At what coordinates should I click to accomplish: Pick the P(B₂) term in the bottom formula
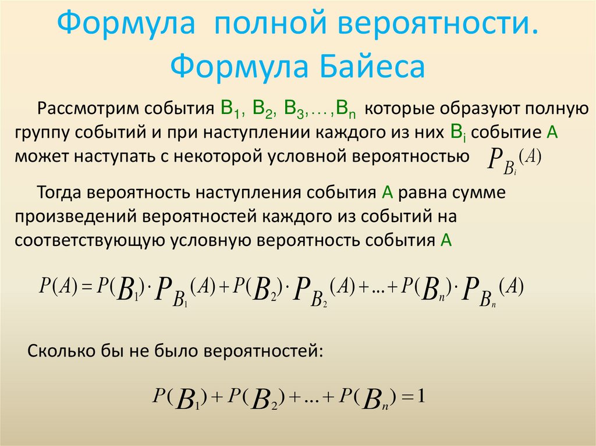click(x=256, y=399)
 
